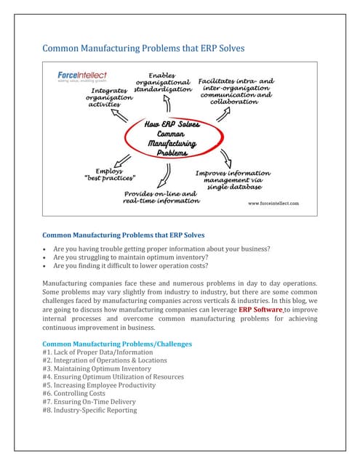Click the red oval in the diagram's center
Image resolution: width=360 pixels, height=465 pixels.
click(x=172, y=138)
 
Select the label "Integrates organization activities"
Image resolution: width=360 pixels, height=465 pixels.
click(x=110, y=97)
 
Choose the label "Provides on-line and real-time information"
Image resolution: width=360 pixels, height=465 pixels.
click(x=161, y=197)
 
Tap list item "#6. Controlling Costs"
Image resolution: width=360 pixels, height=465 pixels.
click(x=76, y=393)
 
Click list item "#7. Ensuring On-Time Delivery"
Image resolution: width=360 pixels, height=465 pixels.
click(x=89, y=402)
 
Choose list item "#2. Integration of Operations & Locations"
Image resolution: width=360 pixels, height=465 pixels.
click(x=105, y=360)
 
